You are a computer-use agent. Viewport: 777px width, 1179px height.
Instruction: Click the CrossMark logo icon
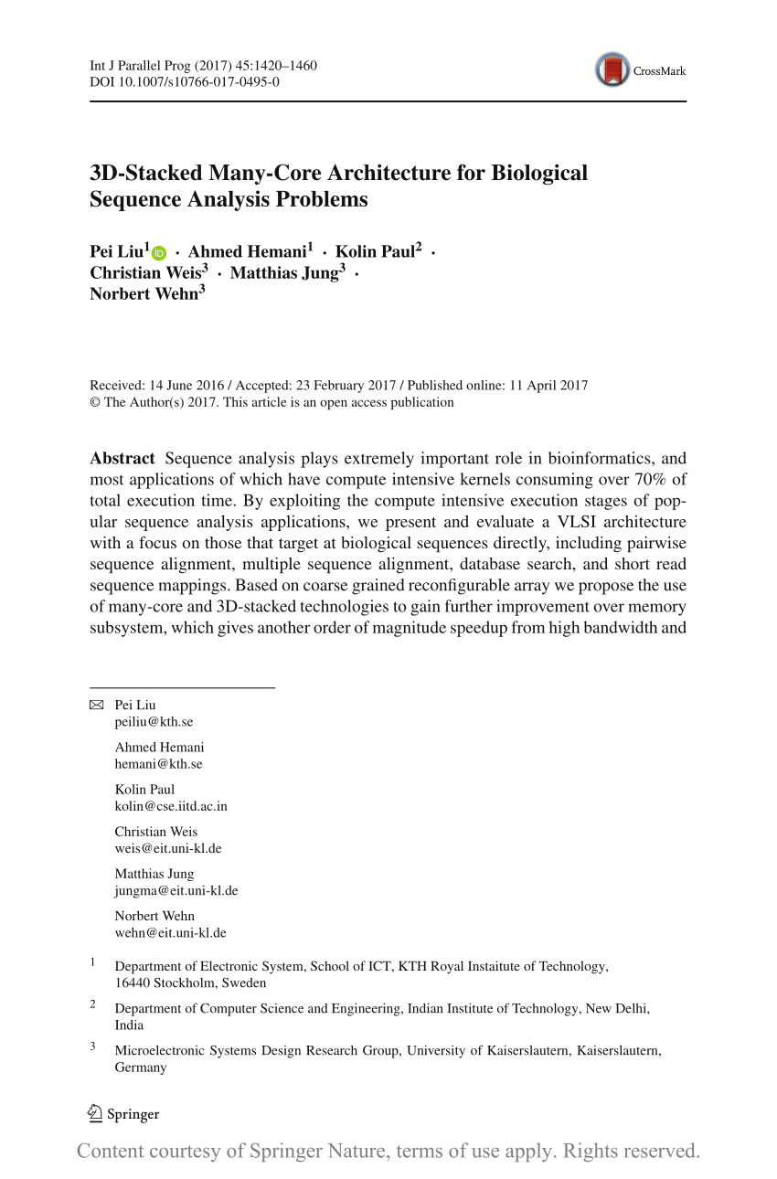coord(612,70)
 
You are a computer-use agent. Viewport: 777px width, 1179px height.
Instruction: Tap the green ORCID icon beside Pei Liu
coord(160,253)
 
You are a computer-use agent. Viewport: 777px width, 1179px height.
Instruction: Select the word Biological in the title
coord(539,174)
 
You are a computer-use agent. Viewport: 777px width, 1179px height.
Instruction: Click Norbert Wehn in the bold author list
coord(144,293)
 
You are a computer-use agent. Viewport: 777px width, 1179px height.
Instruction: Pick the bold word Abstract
coord(122,458)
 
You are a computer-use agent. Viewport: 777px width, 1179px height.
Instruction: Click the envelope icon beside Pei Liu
coord(97,705)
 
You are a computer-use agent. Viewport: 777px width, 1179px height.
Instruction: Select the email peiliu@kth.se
coord(154,721)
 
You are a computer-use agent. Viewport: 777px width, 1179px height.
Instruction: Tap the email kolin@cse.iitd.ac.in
coord(171,806)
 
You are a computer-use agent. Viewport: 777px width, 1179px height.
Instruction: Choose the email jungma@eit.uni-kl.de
coord(176,890)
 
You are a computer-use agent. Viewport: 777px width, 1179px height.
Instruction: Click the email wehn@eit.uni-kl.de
coord(170,933)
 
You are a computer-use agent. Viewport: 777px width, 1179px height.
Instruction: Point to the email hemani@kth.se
coord(158,764)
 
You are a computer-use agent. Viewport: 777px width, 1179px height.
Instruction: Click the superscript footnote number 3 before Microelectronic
coord(92,1047)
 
